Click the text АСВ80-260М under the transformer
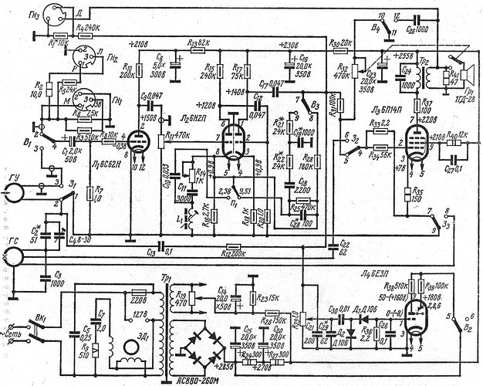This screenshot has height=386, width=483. tap(189, 380)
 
